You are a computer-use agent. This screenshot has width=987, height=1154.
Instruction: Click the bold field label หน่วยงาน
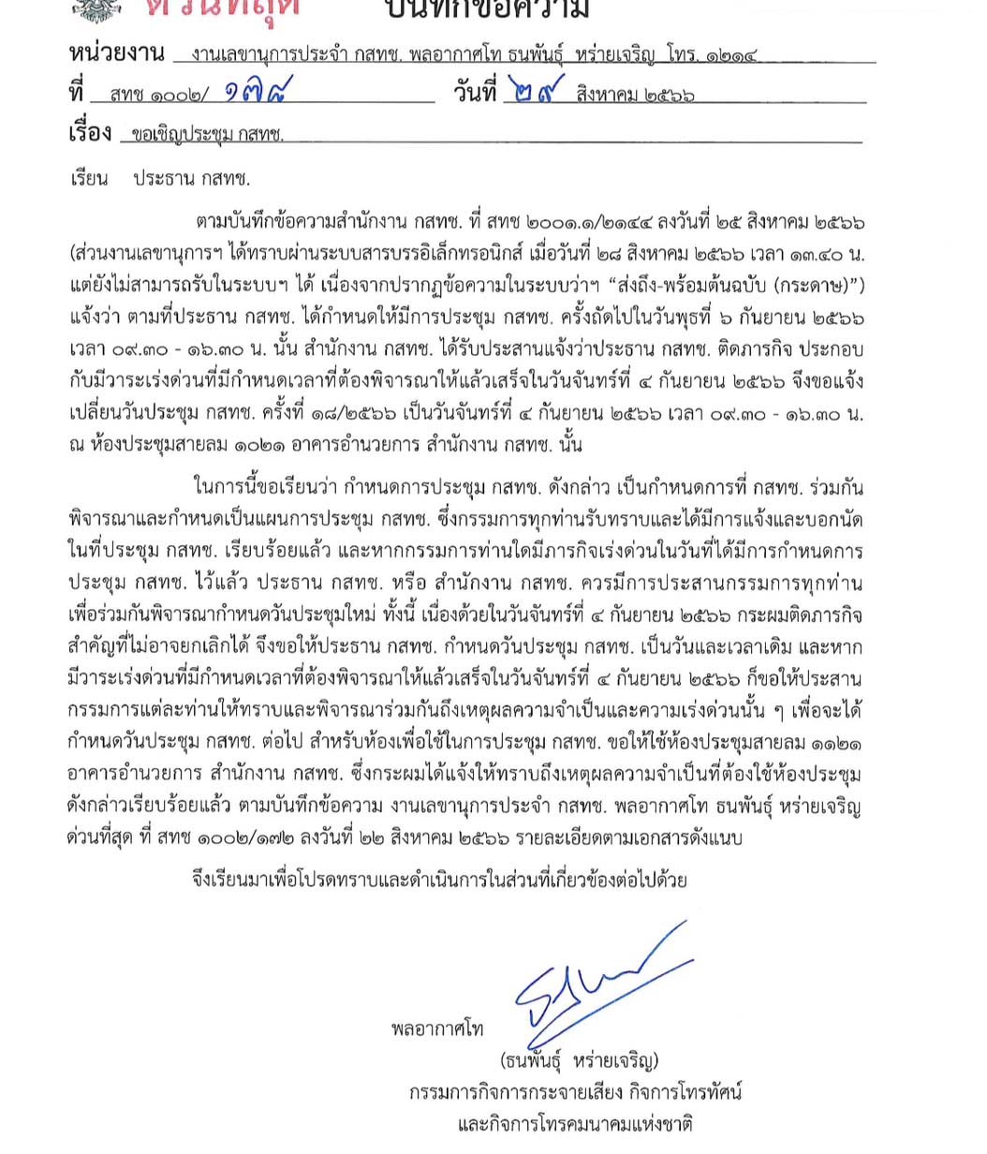coord(116,52)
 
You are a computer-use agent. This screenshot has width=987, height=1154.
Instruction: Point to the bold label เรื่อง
coord(91,133)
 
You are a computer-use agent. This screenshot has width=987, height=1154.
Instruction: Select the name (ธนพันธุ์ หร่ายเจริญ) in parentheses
coord(580,1061)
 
